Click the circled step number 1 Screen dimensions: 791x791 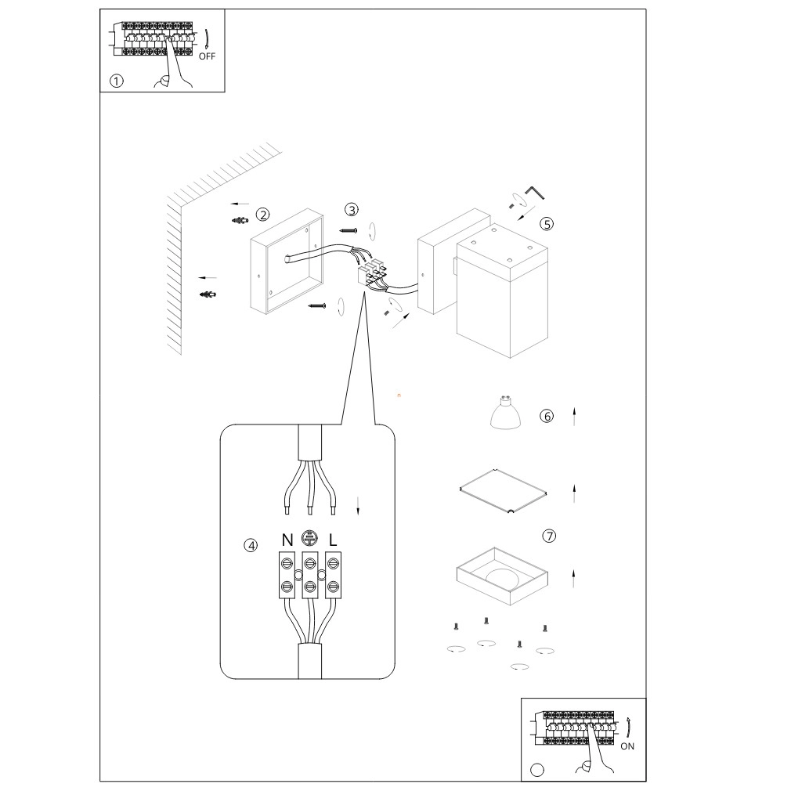(x=117, y=81)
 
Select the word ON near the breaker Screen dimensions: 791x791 (x=627, y=746)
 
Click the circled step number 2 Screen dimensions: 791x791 (x=263, y=214)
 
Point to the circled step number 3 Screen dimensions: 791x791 (x=352, y=209)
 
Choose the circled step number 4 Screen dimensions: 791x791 (x=251, y=545)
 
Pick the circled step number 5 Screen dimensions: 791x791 (x=547, y=223)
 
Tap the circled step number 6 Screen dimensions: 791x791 (x=547, y=416)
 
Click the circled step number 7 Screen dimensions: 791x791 (x=549, y=536)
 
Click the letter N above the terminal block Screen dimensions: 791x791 (x=287, y=540)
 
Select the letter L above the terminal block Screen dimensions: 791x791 (x=333, y=540)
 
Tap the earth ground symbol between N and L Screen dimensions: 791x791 (x=309, y=538)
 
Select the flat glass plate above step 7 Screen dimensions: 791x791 (x=502, y=491)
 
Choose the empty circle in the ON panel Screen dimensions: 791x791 (x=537, y=769)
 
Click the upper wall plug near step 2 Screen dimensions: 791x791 (x=240, y=220)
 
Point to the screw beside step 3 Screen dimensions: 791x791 (x=349, y=231)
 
